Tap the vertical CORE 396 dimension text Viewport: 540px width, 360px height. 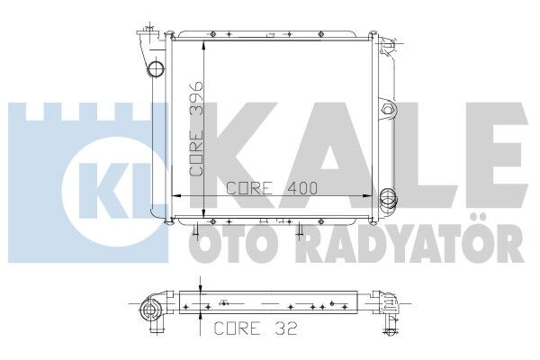click(x=199, y=127)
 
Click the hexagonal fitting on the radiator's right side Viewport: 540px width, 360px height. click(x=388, y=110)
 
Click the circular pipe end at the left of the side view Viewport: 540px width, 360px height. click(x=149, y=313)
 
